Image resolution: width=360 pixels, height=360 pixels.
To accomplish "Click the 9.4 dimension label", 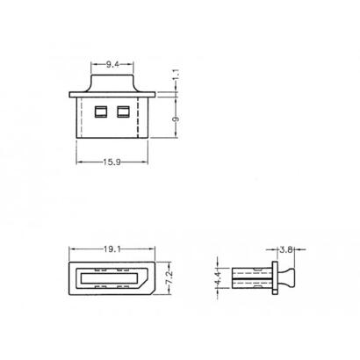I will coord(113,64).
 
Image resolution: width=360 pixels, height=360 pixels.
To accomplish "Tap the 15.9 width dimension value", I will coord(112,160).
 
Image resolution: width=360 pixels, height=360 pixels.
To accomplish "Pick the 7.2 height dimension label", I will coord(169,277).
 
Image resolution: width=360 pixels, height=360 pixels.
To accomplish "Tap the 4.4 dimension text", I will coord(218,279).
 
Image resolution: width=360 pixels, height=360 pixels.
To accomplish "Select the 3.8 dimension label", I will coord(285,250).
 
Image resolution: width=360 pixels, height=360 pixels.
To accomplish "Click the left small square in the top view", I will coord(100,112).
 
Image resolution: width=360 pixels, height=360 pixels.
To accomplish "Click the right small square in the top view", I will coord(122,112).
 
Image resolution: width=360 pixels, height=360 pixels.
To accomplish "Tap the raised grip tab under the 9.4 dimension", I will coord(112,80).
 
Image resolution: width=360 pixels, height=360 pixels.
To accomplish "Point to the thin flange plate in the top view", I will coord(112,92).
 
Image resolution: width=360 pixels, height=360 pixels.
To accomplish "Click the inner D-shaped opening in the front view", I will coord(111,278).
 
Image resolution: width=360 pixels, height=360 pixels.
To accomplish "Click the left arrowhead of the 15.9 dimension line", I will coord(80,160).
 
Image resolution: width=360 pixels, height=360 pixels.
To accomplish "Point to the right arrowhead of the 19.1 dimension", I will coord(151,249).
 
